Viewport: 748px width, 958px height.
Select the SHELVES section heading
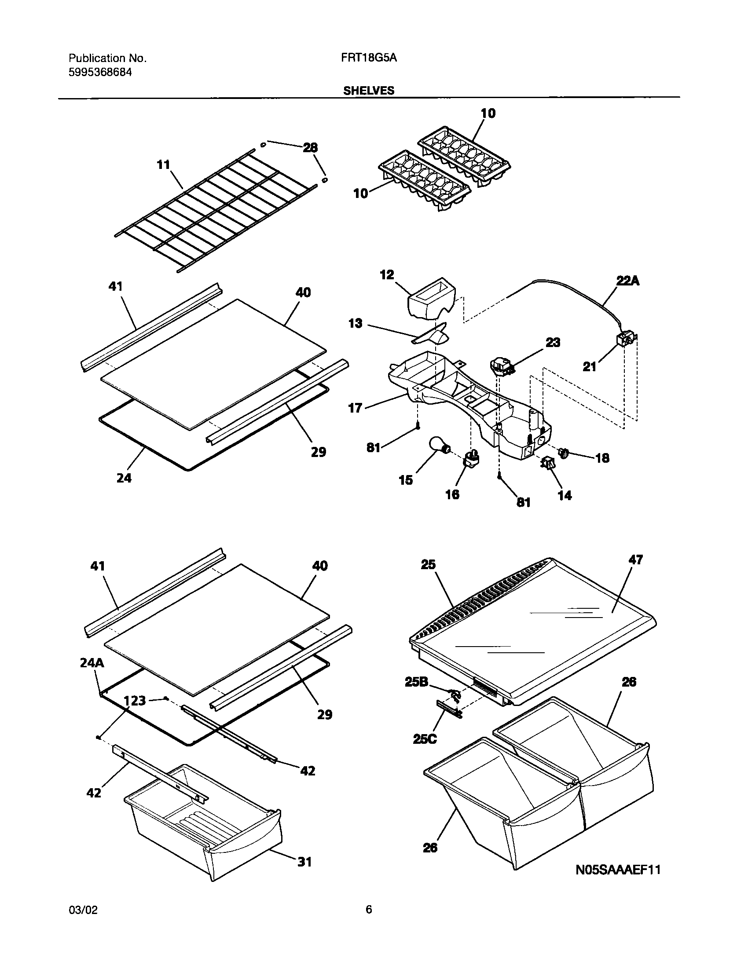point(369,91)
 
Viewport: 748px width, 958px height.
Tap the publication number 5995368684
point(100,73)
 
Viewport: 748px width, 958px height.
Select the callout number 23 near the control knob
point(553,342)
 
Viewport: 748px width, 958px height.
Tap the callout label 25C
point(425,739)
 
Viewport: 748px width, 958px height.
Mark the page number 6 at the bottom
point(369,909)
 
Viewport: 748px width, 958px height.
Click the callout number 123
point(135,700)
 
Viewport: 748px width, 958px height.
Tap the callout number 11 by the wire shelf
point(163,165)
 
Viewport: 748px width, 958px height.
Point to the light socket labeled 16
point(470,459)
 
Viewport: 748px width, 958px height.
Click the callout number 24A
point(92,663)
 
